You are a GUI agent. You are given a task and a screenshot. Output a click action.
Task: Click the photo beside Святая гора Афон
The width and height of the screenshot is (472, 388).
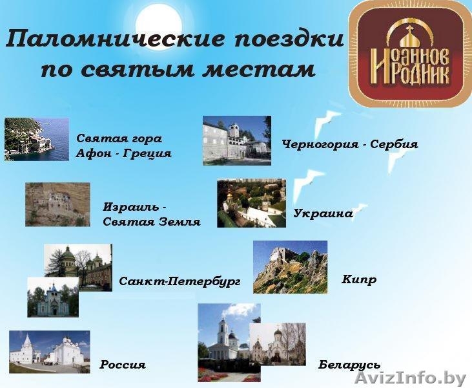click(x=36, y=139)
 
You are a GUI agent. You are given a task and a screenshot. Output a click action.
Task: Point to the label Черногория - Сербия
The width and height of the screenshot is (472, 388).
click(x=349, y=144)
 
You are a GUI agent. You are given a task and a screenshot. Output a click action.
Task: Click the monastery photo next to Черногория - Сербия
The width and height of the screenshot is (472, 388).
click(x=236, y=140)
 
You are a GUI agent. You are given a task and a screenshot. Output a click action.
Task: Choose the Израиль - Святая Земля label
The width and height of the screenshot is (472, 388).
click(x=151, y=214)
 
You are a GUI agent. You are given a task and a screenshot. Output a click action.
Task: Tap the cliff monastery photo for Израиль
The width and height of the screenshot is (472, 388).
click(x=57, y=204)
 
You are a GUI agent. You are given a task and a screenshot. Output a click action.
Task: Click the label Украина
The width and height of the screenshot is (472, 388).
click(x=323, y=213)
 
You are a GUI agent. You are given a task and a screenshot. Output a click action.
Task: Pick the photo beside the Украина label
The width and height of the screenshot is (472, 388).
click(x=251, y=203)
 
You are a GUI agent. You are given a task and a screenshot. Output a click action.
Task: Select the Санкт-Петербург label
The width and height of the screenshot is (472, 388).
click(x=180, y=281)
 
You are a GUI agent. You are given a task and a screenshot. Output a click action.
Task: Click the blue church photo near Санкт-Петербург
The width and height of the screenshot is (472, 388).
click(x=52, y=297)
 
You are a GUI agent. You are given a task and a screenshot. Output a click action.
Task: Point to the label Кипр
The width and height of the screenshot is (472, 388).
click(x=359, y=280)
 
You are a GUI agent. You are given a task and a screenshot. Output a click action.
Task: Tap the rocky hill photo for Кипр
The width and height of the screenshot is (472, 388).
click(x=290, y=267)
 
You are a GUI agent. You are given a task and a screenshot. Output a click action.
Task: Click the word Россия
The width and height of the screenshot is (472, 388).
click(x=123, y=365)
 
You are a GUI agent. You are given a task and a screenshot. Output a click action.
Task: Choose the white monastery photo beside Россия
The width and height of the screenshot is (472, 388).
click(x=49, y=351)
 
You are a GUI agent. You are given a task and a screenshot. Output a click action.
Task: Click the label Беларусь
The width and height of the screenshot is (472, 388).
click(x=349, y=365)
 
